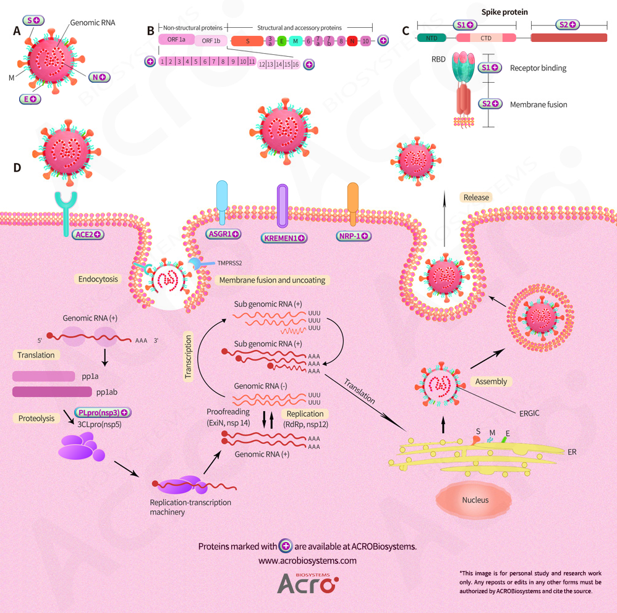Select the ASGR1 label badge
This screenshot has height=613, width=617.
click(223, 235)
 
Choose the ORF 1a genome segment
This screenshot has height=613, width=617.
click(177, 39)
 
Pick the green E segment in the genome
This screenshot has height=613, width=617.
click(282, 41)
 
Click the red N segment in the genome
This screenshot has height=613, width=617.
click(352, 41)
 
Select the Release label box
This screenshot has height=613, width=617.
click(476, 198)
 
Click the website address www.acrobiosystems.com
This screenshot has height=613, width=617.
click(307, 561)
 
